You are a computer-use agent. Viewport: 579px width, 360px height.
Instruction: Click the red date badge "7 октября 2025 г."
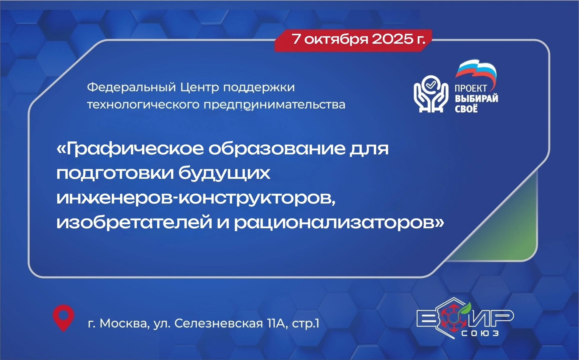tap(353, 40)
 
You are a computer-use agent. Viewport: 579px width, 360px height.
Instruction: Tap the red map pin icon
tap(63, 318)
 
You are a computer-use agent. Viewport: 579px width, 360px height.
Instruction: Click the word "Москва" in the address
tap(124, 324)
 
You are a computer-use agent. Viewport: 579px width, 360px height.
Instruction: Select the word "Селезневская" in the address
tap(219, 324)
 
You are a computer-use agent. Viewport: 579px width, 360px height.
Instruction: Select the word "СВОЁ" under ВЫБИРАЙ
tap(466, 108)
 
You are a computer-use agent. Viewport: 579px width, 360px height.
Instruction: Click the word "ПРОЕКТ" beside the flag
tap(471, 89)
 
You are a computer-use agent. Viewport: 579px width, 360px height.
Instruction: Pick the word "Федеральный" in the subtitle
tap(131, 87)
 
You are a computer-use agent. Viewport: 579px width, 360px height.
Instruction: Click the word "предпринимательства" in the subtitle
tap(274, 105)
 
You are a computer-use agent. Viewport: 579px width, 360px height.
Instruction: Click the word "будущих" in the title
tap(224, 173)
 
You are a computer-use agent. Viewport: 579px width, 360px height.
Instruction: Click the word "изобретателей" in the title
tap(134, 223)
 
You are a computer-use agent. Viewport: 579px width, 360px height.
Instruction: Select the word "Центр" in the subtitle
tap(200, 87)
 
